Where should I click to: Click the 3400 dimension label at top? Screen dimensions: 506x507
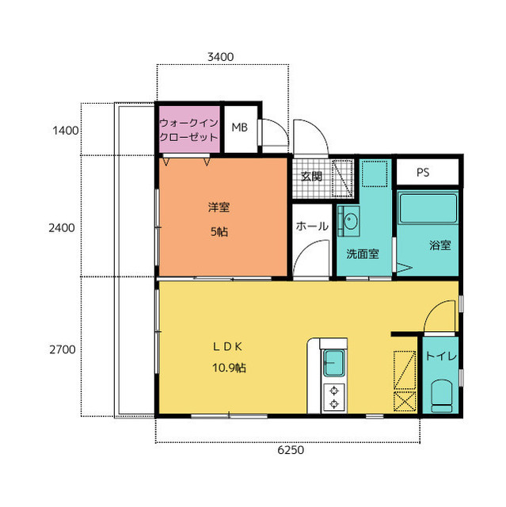coord(220,57)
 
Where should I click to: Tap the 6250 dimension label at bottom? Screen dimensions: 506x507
coord(291,450)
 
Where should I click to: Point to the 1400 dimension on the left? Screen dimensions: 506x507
coord(66,131)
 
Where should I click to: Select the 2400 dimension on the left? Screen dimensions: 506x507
coord(62,228)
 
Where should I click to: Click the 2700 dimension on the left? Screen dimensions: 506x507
coord(63,349)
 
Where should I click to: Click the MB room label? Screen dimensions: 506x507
coord(239,128)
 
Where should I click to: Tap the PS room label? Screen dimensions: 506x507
coord(423,173)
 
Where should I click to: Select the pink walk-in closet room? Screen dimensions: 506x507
coord(189,129)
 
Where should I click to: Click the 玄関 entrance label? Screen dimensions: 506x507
coord(311,177)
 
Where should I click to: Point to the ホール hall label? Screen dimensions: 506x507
coord(312,226)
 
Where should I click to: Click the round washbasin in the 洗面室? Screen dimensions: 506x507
coord(350,222)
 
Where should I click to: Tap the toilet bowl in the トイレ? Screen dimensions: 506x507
coord(441,396)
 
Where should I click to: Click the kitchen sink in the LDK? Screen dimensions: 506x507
coord(334,363)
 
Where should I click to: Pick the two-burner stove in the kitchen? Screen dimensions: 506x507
coord(334,398)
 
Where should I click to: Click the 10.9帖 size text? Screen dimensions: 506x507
coord(229,368)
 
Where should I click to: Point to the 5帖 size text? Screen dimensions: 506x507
coord(219,232)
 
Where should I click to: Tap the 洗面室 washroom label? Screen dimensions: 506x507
coord(363,253)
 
